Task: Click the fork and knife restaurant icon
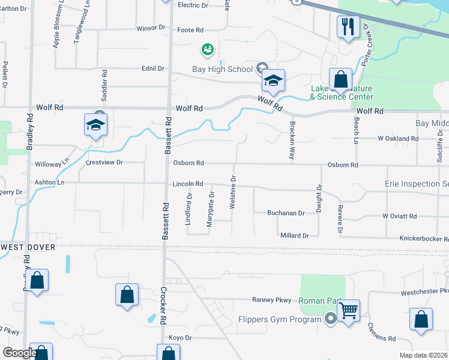click(x=348, y=27)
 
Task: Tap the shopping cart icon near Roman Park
click(x=348, y=311)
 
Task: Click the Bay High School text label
click(x=222, y=69)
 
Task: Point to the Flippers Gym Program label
click(x=280, y=319)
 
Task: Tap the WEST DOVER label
click(x=28, y=247)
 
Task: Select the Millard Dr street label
click(x=294, y=236)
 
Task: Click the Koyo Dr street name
click(x=179, y=338)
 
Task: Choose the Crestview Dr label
click(x=104, y=163)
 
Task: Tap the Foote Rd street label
click(x=190, y=29)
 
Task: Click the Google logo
click(x=19, y=353)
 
